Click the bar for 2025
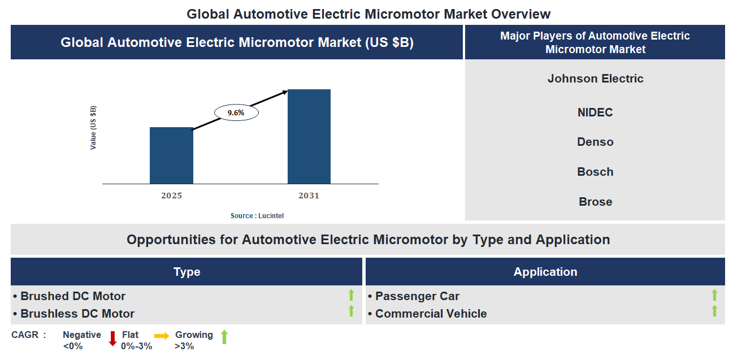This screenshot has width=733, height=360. coord(171,155)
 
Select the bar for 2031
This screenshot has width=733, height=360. coord(309,136)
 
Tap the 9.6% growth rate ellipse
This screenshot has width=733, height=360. coord(236,112)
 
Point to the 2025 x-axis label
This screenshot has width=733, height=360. coord(171,196)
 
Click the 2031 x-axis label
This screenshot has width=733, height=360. coord(309,196)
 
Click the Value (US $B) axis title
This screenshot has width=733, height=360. coord(93,128)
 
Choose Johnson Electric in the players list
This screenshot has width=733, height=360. coord(595,79)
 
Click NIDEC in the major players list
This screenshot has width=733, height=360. coord(595,112)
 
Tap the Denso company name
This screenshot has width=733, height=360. coord(595,142)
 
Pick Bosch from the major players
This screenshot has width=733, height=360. coord(595,172)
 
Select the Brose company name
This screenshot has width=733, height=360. coord(595,202)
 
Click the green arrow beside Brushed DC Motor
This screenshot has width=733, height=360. coord(351,295)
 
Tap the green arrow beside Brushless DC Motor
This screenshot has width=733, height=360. coord(351,311)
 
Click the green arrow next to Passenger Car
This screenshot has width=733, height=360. coord(714,295)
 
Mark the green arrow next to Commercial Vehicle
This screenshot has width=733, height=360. coord(714,311)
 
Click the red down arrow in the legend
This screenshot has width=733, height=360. coord(112,339)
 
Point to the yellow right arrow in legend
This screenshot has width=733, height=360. coord(162,336)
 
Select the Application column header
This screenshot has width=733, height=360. coord(545,272)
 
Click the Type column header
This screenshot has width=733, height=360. coord(186,272)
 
